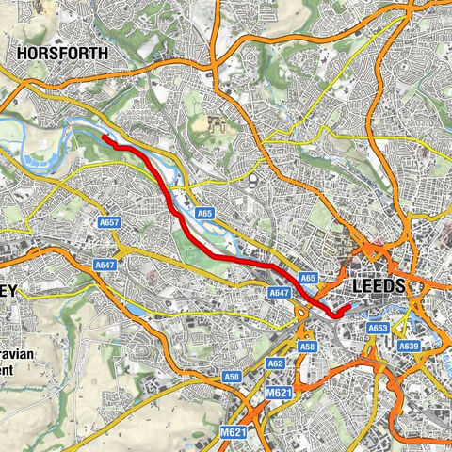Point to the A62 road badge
tap(275, 363)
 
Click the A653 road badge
tap(378, 328)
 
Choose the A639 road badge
tap(409, 347)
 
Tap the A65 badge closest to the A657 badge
tap(206, 215)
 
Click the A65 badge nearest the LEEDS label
tap(307, 279)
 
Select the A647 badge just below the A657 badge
tap(105, 266)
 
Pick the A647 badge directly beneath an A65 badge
tap(279, 294)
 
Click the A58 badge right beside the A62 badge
tap(307, 347)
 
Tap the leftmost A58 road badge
tap(232, 377)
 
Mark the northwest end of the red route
tap(103, 139)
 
